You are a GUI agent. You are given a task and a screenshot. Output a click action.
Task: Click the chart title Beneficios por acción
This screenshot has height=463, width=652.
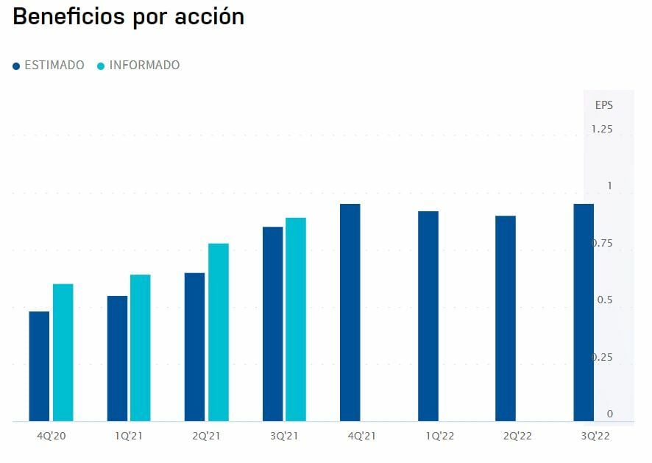[129, 17]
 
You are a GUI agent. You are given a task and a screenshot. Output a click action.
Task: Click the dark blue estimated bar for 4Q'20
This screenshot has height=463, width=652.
[39, 366]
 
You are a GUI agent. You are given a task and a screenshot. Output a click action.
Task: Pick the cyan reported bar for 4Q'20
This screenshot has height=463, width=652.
[63, 352]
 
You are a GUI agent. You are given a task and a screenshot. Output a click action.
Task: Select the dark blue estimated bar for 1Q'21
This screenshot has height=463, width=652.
[117, 358]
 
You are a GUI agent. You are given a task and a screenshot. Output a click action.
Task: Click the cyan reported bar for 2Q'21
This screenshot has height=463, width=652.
[219, 332]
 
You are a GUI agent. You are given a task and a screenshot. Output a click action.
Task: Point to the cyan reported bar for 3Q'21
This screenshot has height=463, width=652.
[296, 319]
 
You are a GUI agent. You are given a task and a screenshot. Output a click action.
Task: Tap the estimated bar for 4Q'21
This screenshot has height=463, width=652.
[350, 312]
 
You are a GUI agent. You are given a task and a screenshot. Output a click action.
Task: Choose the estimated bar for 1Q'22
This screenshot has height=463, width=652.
[428, 316]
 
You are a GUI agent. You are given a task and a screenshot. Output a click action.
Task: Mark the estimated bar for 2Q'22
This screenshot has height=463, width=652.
[506, 318]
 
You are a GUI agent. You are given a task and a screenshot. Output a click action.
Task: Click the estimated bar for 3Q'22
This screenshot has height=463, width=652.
[584, 312]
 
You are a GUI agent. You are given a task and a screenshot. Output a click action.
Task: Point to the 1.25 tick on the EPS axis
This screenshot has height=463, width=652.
[602, 130]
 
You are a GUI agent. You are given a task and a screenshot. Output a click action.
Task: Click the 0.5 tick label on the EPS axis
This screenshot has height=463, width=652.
[605, 300]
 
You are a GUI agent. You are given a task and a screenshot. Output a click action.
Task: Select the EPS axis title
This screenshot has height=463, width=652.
[603, 105]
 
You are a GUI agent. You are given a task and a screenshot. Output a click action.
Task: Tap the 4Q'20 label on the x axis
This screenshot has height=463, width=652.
[52, 436]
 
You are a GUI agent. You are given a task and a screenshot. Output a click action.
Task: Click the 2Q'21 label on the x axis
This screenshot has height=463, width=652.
[206, 436]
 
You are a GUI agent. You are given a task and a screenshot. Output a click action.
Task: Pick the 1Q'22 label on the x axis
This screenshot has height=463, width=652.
[439, 436]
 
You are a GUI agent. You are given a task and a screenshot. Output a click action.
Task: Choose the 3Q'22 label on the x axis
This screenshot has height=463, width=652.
[595, 436]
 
